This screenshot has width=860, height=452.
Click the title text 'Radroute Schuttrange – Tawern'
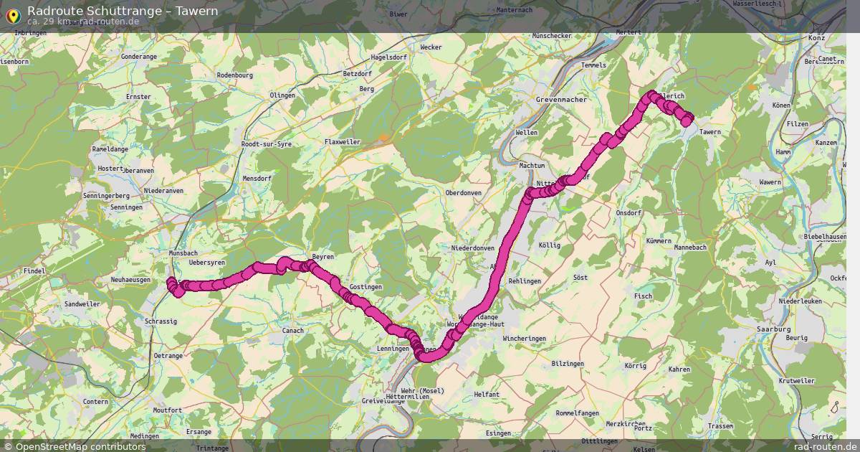click(x=123, y=11)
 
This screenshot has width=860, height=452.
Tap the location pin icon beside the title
click(x=12, y=14)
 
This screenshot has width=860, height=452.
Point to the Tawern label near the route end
click(x=709, y=132)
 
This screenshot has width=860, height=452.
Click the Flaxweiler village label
click(x=343, y=142)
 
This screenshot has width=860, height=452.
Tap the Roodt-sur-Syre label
click(x=267, y=144)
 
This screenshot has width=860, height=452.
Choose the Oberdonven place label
click(x=463, y=193)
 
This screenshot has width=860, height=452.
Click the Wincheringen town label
click(x=524, y=339)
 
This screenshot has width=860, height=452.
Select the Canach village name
click(x=294, y=331)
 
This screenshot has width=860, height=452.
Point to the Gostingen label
click(x=365, y=287)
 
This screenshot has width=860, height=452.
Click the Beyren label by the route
click(x=323, y=257)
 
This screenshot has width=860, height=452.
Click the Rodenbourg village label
click(x=234, y=75)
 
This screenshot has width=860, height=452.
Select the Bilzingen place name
click(x=568, y=364)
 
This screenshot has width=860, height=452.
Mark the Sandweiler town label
click(x=82, y=304)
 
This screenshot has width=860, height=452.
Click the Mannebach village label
click(x=690, y=248)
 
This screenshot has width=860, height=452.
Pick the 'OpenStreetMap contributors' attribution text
click(x=80, y=446)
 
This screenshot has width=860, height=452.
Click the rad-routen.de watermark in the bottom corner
click(x=824, y=446)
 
